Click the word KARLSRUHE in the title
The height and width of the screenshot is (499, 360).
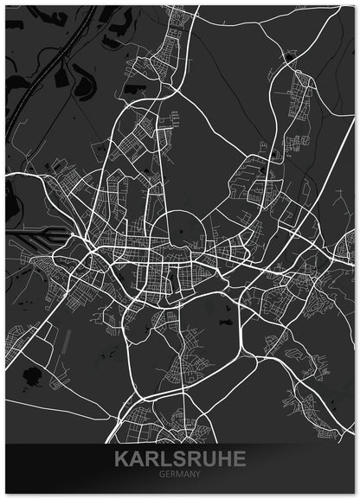pyautogui.click(x=179, y=457)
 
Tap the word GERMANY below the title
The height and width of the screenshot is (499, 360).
pyautogui.click(x=179, y=473)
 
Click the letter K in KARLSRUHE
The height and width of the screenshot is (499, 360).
pyautogui.click(x=120, y=457)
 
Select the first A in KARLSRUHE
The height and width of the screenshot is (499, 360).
pyautogui.click(x=135, y=457)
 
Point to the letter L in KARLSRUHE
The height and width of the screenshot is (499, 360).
pyautogui.click(x=164, y=457)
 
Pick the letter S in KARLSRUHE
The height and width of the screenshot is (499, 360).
pyautogui.click(x=177, y=457)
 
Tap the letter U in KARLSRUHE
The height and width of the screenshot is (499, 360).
pyautogui.click(x=207, y=457)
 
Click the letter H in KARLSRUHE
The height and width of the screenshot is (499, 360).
pyautogui.click(x=222, y=457)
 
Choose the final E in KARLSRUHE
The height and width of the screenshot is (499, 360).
pyautogui.click(x=237, y=457)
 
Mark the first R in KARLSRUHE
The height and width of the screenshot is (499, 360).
pyautogui.click(x=150, y=457)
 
